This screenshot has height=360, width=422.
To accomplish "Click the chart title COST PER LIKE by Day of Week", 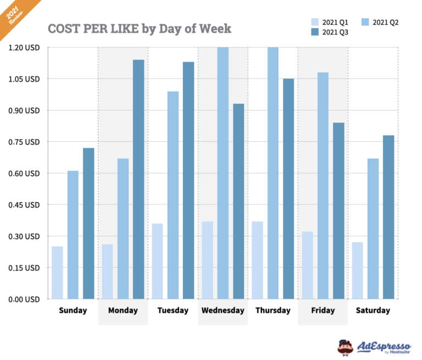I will [x=140, y=29].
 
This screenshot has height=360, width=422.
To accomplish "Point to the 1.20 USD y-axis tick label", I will [x=24, y=48].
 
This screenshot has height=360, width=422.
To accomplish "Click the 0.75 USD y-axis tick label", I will [x=24, y=142].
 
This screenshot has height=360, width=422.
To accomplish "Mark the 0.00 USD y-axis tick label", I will [x=24, y=300].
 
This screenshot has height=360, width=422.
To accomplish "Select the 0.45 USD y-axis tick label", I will [x=24, y=205].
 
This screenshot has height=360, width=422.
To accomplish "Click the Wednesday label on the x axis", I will [x=223, y=311].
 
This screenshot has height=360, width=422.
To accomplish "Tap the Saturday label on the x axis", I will [x=373, y=311].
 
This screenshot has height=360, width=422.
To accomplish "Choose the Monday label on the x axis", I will [x=123, y=311].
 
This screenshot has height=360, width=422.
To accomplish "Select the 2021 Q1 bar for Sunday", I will [x=57, y=273].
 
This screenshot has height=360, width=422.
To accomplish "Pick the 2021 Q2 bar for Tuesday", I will [x=173, y=195].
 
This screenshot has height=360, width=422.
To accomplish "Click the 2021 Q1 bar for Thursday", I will [x=257, y=260].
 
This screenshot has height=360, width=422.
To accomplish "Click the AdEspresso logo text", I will [x=384, y=346].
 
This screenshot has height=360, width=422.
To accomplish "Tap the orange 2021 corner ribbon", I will [x=13, y=14].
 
